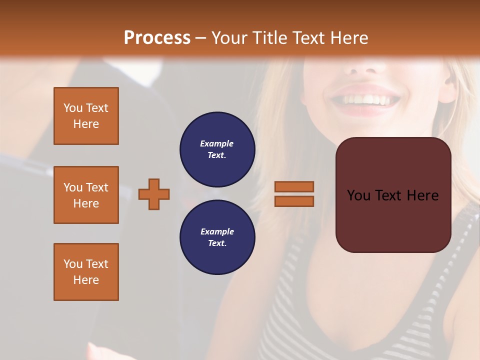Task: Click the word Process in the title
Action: click(x=157, y=38)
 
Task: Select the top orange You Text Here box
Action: click(x=86, y=116)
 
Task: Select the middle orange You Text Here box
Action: click(x=86, y=195)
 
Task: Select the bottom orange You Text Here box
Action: click(x=86, y=272)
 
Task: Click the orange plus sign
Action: click(x=154, y=194)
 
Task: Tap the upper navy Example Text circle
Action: click(x=217, y=149)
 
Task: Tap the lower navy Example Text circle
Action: click(x=217, y=237)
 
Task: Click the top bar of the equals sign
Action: click(x=294, y=186)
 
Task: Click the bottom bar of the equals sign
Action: click(x=294, y=201)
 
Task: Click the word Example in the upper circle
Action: click(x=216, y=143)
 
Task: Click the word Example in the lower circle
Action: click(x=217, y=231)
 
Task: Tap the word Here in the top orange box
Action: click(x=86, y=124)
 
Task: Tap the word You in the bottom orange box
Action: click(x=72, y=264)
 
